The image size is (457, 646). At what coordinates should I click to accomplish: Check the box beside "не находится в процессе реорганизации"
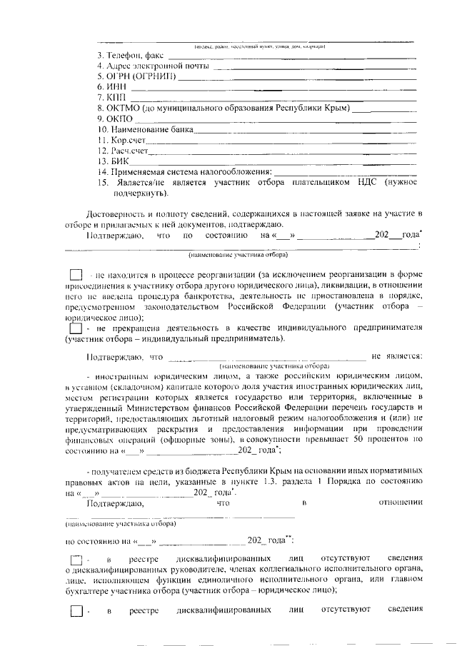(76, 274)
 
